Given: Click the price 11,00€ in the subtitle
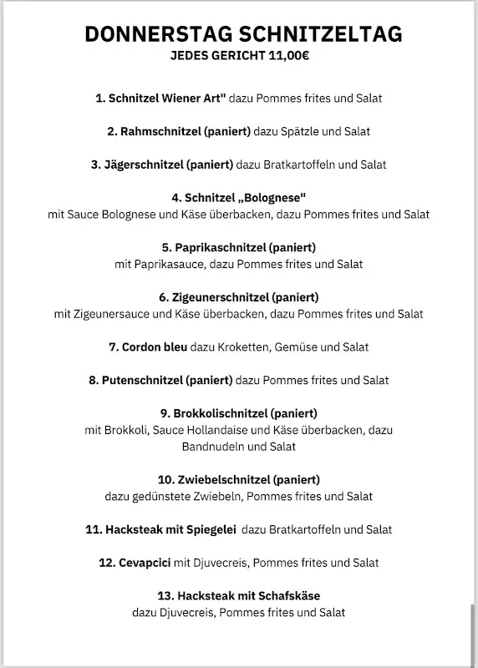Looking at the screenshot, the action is coord(287,56).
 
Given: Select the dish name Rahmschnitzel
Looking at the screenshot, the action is coord(158,131).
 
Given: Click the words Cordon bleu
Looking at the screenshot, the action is coord(154,347).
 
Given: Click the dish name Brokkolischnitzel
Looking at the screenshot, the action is coord(221,413).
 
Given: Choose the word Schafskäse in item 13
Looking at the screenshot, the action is coord(290,596).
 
